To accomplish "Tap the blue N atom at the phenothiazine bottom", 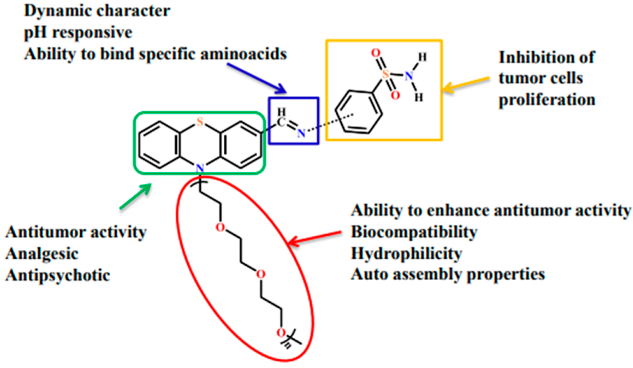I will click(200, 168).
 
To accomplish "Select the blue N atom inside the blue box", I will click(301, 133).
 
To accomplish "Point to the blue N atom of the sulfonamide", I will click(409, 76).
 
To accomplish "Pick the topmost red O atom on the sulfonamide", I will click(376, 53).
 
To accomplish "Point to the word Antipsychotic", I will click(58, 275).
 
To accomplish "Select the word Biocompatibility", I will click(414, 232).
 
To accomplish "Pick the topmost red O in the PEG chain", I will click(220, 227).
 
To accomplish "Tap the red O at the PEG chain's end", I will click(281, 333).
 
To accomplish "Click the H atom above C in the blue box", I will click(282, 112).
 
